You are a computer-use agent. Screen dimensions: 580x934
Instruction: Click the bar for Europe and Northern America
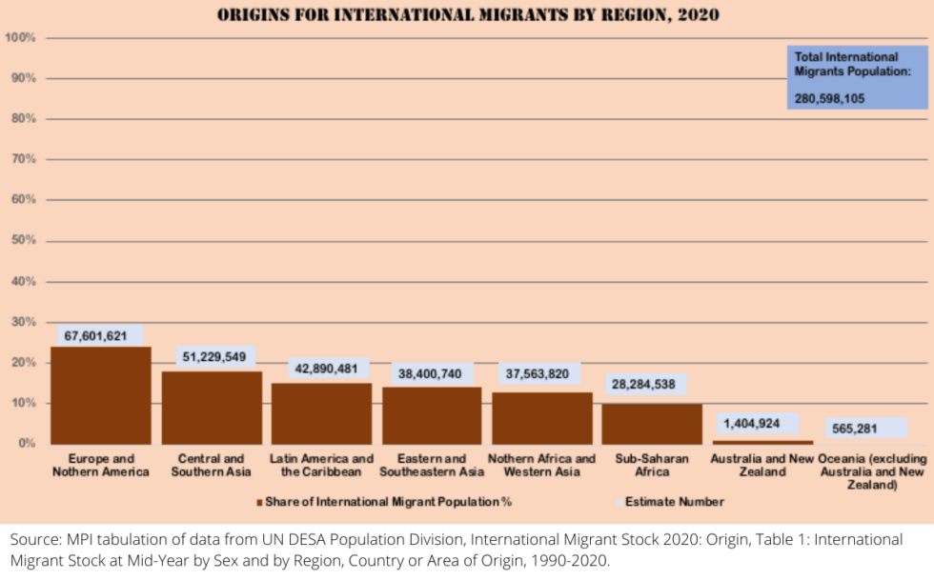pos(100,395)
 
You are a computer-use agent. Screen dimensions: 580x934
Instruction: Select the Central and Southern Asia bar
pos(212,408)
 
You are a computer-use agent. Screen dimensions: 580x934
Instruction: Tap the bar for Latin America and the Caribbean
pos(321,413)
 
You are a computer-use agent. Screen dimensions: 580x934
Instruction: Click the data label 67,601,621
pos(95,335)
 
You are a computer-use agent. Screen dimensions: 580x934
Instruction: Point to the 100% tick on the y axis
pos(21,37)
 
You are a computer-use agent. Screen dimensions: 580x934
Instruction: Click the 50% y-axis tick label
pos(24,241)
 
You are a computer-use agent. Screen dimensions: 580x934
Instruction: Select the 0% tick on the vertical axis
pos(27,444)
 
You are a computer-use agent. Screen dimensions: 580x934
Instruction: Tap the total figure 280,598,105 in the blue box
pos(830,97)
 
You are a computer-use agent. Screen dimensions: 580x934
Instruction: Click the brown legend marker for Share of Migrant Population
pos(259,502)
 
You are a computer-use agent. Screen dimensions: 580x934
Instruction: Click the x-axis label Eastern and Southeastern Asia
pos(431,466)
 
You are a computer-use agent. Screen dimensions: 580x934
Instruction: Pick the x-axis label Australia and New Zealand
pos(762,466)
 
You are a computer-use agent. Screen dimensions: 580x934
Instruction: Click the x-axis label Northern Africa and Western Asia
pos(541,466)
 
